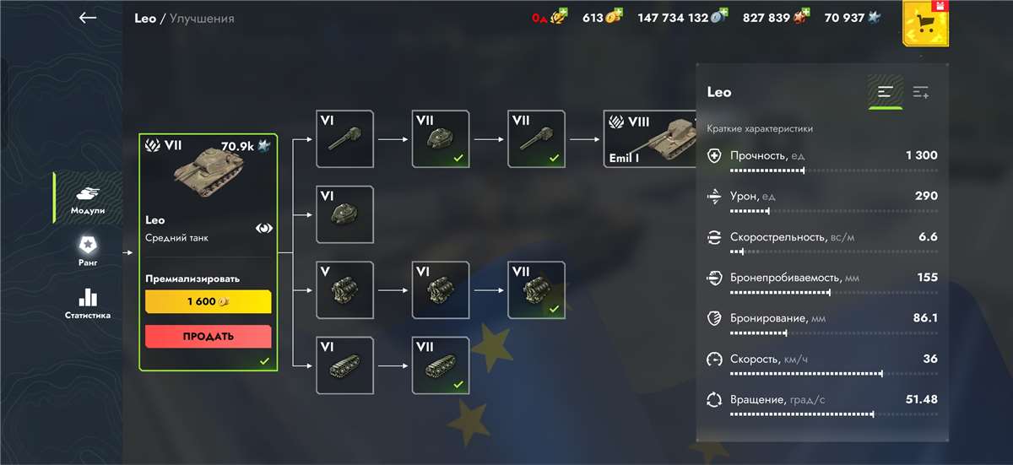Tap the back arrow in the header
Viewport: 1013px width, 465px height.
88,18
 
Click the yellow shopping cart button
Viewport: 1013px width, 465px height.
925,24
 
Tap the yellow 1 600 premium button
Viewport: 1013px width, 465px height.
208,301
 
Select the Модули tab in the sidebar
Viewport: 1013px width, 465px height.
88,198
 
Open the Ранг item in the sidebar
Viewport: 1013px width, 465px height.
88,250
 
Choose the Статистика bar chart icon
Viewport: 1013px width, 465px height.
88,298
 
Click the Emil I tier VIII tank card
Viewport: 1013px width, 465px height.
650,139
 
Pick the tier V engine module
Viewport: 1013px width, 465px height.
344,290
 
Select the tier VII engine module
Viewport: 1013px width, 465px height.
536,290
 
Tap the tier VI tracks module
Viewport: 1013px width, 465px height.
344,365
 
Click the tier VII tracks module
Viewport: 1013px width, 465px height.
441,365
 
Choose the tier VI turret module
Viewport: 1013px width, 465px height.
344,214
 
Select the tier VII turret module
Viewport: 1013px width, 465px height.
441,139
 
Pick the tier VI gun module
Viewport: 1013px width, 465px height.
344,139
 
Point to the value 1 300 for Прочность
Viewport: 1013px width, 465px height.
922,155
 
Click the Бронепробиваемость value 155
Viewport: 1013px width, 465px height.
928,277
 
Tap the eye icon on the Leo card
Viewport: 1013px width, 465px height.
263,228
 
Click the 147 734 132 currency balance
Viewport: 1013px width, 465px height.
673,18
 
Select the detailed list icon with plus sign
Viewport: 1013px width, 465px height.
921,92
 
